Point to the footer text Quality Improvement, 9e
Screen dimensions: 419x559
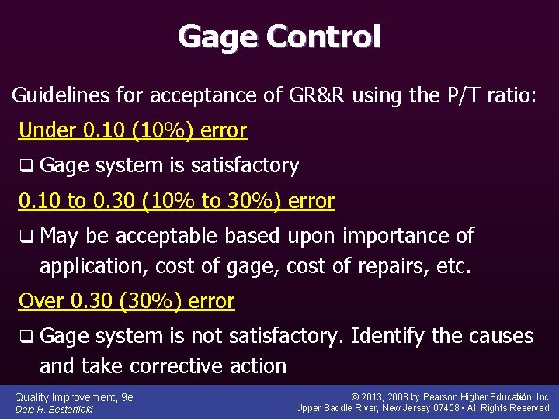pos(74,397)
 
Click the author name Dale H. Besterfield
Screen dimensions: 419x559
pos(54,409)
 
